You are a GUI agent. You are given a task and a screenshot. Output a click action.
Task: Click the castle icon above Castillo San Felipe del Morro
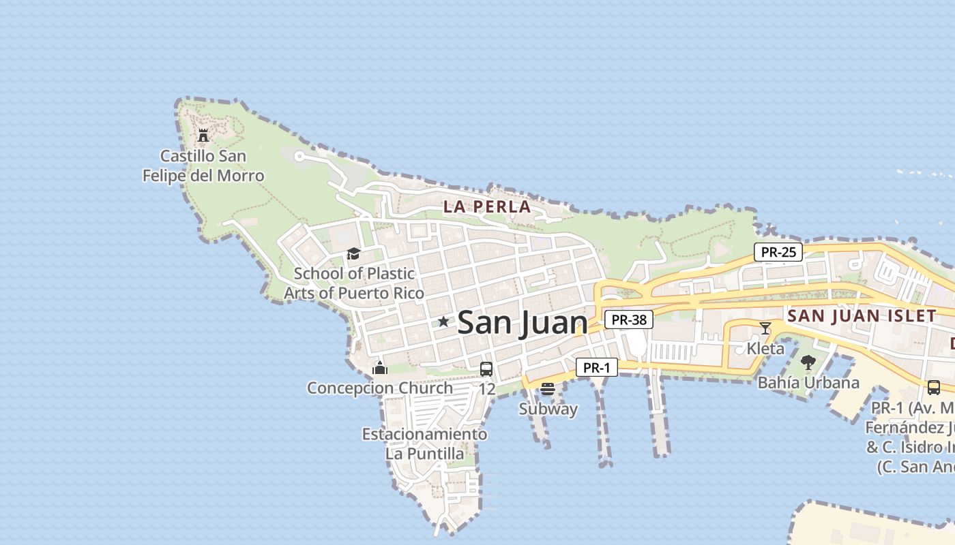(203, 135)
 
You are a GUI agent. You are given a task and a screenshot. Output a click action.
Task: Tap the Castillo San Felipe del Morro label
(203, 166)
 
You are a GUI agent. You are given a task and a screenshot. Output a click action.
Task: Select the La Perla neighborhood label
(487, 206)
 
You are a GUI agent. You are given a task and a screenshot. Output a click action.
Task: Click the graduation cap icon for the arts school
(353, 253)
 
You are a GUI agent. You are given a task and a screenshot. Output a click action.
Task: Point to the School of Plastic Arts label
(354, 283)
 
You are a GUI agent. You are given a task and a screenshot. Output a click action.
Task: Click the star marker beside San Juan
(443, 321)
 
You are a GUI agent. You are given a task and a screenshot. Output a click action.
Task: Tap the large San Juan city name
(523, 322)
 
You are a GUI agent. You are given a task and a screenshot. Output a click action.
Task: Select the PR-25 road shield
(778, 252)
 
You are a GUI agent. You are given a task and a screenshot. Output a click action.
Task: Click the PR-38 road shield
(628, 319)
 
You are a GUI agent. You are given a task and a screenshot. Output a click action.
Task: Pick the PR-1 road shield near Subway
(596, 368)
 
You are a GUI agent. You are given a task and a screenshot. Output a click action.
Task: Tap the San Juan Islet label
(862, 315)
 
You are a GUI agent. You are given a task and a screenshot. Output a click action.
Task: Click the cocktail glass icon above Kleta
(765, 328)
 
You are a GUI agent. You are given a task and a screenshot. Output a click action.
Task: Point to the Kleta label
(765, 348)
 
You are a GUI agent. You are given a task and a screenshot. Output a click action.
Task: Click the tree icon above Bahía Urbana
(808, 362)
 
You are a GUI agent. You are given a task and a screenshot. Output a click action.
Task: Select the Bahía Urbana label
(808, 382)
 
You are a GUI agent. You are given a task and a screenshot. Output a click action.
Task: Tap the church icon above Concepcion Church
(380, 369)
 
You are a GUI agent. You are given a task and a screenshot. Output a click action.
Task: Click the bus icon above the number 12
(486, 369)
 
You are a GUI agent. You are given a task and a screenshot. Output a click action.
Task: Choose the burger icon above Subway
(548, 389)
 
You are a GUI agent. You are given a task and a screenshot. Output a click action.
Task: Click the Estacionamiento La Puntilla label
(424, 443)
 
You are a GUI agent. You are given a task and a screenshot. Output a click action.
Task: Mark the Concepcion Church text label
(380, 388)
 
